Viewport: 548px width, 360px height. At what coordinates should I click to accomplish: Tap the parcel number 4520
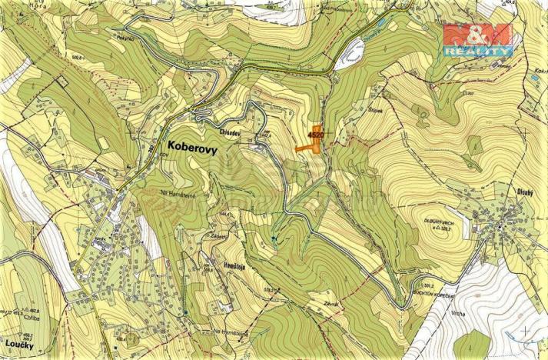coord(314,135)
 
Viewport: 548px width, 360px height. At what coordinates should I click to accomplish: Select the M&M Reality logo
coord(477,39)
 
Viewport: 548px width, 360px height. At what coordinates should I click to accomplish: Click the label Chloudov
coord(234,131)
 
